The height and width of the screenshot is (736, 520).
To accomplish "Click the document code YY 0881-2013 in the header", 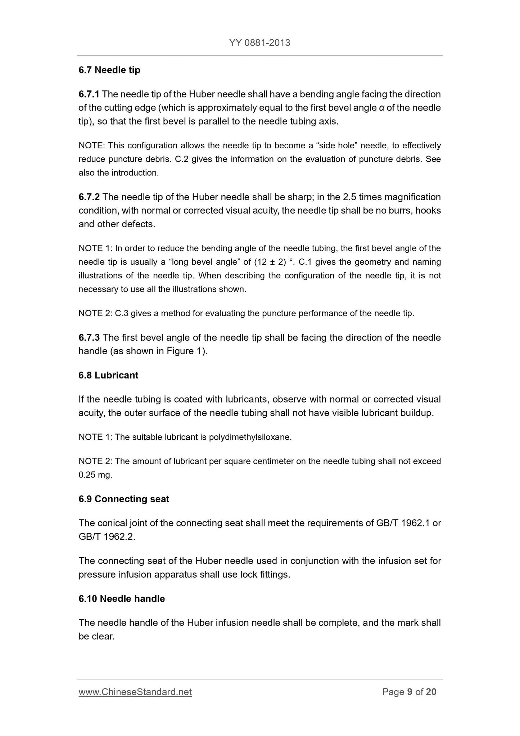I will click(259, 43).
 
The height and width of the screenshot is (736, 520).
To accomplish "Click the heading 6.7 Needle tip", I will click(109, 70).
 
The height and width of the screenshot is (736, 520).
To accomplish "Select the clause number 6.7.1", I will click(89, 94).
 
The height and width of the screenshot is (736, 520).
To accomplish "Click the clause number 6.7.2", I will click(89, 197).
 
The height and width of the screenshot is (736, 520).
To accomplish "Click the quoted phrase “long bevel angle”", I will click(205, 262).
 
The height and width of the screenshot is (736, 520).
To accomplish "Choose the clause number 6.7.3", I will click(89, 337).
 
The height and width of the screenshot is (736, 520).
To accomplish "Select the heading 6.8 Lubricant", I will click(108, 375).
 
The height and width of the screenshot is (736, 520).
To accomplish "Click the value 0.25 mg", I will click(95, 475).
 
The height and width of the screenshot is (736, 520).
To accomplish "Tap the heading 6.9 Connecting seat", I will click(124, 499).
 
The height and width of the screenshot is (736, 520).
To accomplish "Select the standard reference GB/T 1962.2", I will click(107, 537).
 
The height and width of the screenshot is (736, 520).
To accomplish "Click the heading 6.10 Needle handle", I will click(122, 599).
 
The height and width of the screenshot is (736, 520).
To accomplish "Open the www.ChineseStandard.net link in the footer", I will click(135, 692).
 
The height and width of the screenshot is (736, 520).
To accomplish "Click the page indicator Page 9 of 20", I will click(409, 692).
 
